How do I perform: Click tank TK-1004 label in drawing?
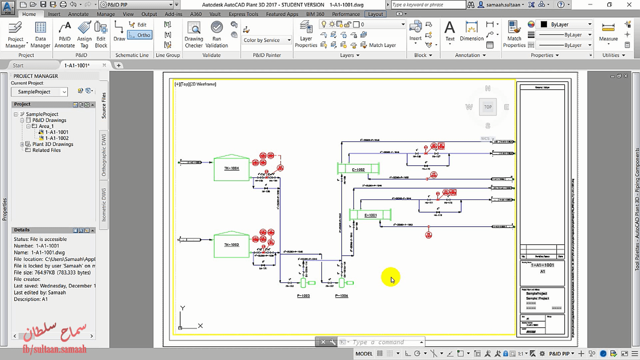click(x=231, y=168)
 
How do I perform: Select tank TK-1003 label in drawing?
click(x=231, y=245)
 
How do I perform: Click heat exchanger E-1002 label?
click(x=358, y=170)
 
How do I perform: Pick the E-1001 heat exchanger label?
click(x=370, y=215)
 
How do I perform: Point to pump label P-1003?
click(x=303, y=296)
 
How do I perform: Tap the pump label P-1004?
click(x=341, y=296)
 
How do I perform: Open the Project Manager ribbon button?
click(x=15, y=35)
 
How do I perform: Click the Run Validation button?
click(x=217, y=35)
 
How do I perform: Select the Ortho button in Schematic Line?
click(x=140, y=35)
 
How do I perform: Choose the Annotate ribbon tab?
click(x=78, y=14)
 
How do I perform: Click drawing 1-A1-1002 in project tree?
click(x=57, y=138)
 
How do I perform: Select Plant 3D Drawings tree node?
click(x=53, y=144)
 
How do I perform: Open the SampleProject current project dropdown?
click(x=39, y=92)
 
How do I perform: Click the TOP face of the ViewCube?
click(x=488, y=107)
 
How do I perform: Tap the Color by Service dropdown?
click(x=267, y=40)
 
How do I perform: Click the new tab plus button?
click(x=119, y=65)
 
